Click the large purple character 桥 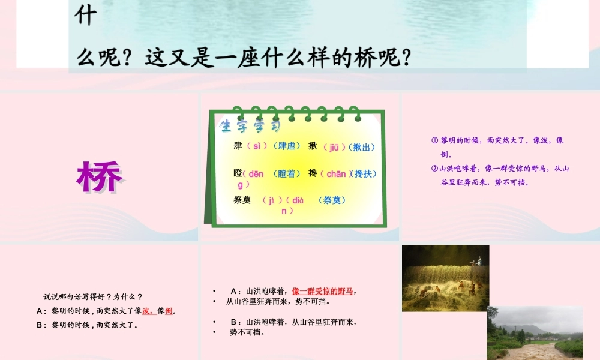pyautogui.click(x=100, y=176)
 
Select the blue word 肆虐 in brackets pyautogui.click(x=286, y=146)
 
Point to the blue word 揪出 pyautogui.click(x=364, y=147)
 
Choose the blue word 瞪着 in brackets pyautogui.click(x=287, y=174)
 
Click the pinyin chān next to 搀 pyautogui.click(x=336, y=174)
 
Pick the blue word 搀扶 pyautogui.click(x=365, y=174)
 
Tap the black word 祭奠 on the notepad pyautogui.click(x=242, y=200)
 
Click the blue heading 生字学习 pyautogui.click(x=250, y=126)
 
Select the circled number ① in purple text pyautogui.click(x=435, y=140)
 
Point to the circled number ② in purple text pyautogui.click(x=435, y=169)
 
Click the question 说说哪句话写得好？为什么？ pyautogui.click(x=93, y=296)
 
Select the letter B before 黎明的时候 pyautogui.click(x=39, y=325)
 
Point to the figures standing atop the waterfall pyautogui.click(x=478, y=262)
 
